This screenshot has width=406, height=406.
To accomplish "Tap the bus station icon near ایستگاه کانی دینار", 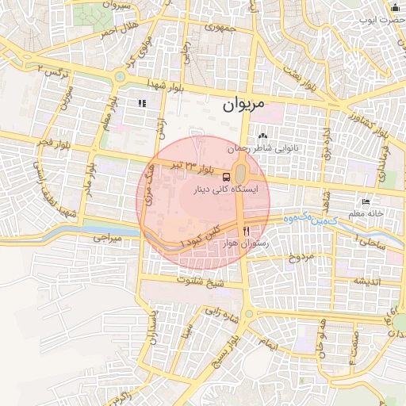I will click(228, 177).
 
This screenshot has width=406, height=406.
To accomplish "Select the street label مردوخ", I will click(301, 257).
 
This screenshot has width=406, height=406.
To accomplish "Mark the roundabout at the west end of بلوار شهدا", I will click(120, 78).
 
